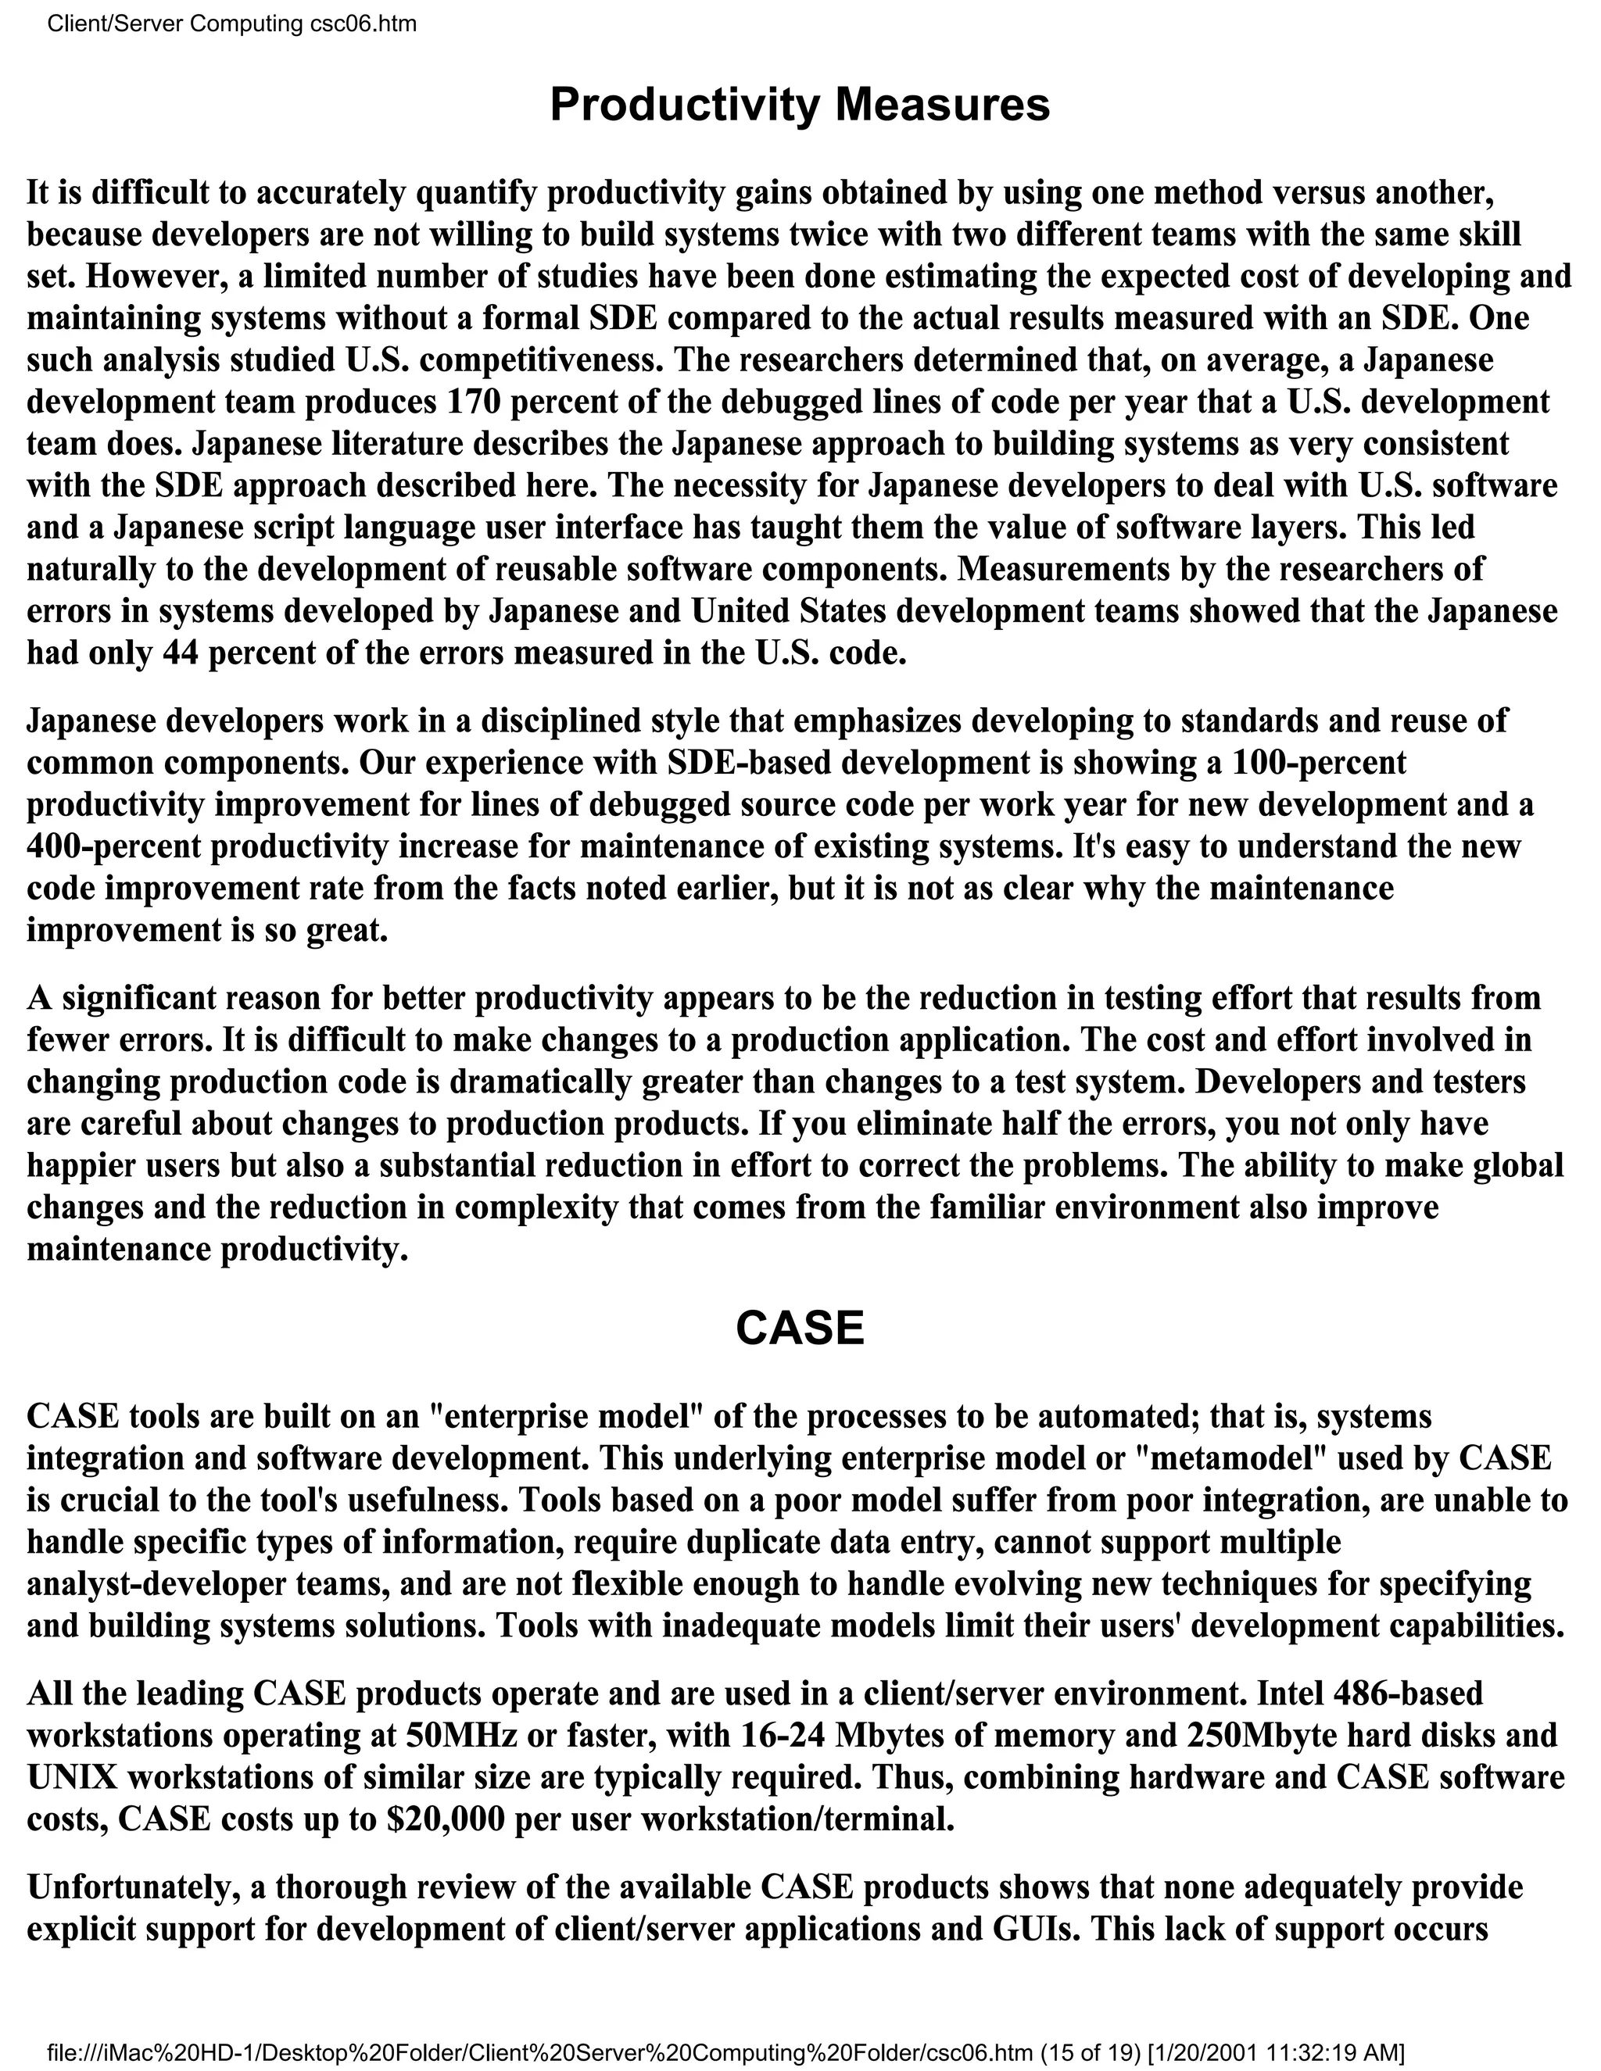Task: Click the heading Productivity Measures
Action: (800, 104)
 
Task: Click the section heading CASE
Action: (800, 1329)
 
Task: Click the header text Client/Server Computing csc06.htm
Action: (231, 23)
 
